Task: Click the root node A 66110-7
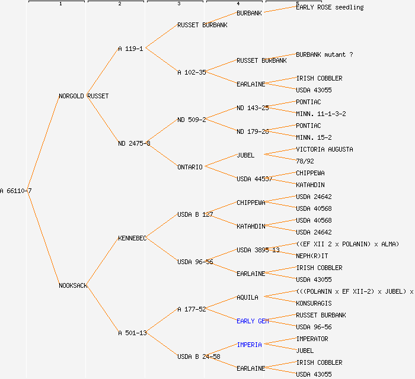pos(16,191)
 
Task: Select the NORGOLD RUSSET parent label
pos(84,96)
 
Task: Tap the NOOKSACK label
pos(73,285)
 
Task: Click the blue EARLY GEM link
pos(253,321)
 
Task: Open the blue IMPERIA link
pos(249,345)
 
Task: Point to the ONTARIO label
pos(190,167)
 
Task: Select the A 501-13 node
pos(132,333)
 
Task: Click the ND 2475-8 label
pos(134,143)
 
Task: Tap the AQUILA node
pos(247,297)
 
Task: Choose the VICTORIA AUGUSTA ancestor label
pos(324,149)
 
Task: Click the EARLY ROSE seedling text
pos(330,7)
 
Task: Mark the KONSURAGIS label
pos(314,303)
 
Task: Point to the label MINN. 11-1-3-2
pos(321,114)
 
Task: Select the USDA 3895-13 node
pos(258,250)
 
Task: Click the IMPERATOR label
pos(312,339)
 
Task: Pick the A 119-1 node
pos(130,49)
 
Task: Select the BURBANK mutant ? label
pos(324,54)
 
